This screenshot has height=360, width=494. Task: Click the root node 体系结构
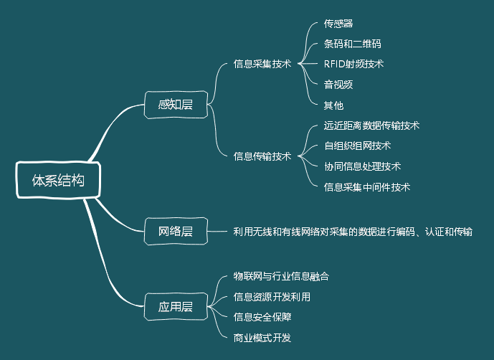[x=58, y=181]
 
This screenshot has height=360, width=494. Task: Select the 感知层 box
[x=176, y=105]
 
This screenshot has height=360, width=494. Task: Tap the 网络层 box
[x=176, y=231]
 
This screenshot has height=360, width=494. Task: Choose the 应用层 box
[x=176, y=307]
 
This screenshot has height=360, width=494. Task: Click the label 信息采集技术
[x=262, y=64]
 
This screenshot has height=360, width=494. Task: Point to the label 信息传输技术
[x=262, y=156]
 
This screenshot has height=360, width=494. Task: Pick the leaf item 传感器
[x=338, y=24]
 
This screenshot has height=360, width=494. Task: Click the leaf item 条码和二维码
[x=353, y=44]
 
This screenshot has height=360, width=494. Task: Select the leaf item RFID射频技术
[x=353, y=64]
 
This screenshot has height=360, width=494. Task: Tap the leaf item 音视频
[x=338, y=85]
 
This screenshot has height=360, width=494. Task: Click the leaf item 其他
[x=333, y=105]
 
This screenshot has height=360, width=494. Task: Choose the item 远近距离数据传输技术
[x=371, y=125]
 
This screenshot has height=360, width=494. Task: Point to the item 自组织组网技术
[x=357, y=146]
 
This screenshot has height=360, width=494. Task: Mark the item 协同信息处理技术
[x=362, y=166]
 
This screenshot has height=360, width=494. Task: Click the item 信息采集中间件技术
[x=366, y=187]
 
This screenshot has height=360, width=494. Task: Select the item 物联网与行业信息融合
[x=281, y=275]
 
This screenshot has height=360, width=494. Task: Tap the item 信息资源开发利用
[x=272, y=296]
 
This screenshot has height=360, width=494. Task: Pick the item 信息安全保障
[x=262, y=316]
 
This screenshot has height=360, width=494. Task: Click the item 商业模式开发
[x=262, y=337]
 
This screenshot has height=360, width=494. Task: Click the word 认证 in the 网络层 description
[x=434, y=232]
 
